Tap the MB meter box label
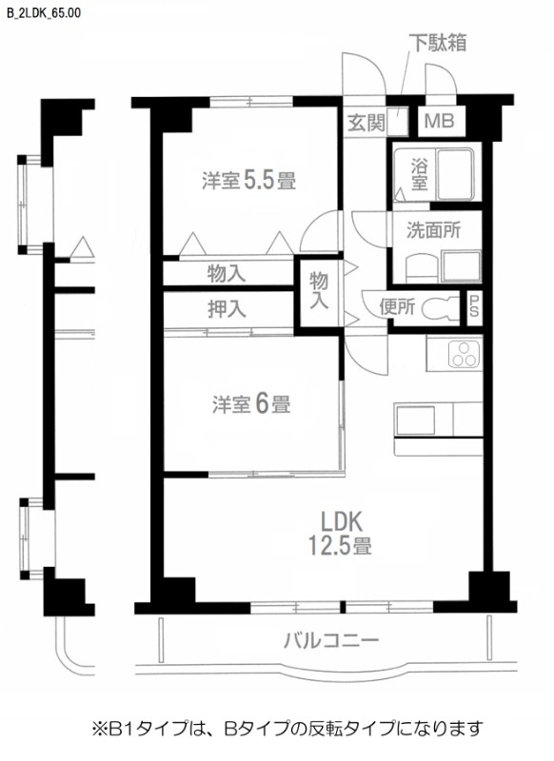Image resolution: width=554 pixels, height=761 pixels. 439,122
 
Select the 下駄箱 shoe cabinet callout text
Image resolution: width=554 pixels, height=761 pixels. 437,43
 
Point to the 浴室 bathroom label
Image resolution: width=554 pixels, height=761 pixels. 418,174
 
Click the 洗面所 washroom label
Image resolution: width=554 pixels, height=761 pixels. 433,229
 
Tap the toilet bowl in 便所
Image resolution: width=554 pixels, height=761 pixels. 440,308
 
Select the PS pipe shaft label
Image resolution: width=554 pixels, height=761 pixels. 473,307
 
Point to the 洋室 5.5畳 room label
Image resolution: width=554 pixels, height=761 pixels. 247,180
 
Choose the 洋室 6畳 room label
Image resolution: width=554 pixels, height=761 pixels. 250,403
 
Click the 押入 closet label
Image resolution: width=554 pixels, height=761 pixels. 227,308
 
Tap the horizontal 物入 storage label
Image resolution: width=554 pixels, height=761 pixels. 227,274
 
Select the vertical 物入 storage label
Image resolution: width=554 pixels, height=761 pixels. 318,289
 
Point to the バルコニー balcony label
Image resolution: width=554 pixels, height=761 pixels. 331,639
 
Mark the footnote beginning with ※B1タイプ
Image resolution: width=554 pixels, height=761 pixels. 286,729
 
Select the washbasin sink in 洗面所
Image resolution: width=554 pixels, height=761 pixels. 461,265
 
